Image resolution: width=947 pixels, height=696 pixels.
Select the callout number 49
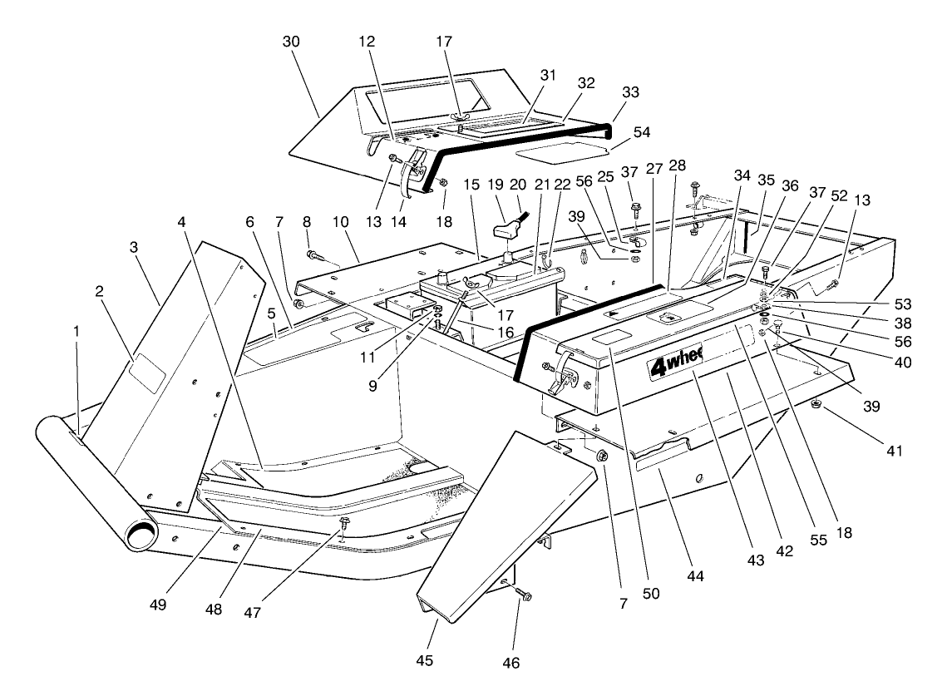click(158, 605)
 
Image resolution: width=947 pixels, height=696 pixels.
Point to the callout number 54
click(642, 132)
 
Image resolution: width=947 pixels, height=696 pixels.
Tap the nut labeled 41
click(818, 405)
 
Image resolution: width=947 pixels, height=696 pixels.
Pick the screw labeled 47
click(345, 523)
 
